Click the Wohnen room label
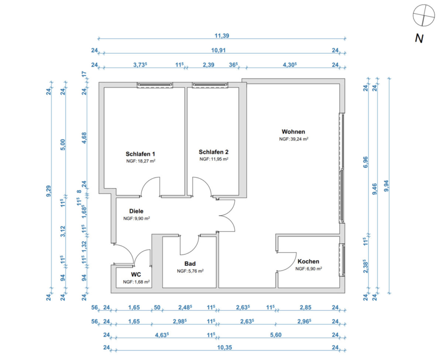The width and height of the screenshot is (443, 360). (293, 131)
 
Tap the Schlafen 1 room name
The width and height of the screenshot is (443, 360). (140, 154)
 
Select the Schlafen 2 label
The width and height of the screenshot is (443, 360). (214, 152)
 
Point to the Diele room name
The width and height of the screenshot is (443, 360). (136, 211)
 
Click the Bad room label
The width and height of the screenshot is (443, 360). (190, 263)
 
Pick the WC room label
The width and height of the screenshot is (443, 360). (136, 275)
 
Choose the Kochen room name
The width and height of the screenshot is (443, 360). (308, 262)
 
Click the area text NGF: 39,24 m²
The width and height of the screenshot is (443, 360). (293, 139)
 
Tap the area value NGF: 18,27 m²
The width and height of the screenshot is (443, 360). (141, 161)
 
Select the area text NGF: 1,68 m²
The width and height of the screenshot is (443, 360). (136, 282)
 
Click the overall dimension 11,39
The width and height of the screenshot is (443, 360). (222, 35)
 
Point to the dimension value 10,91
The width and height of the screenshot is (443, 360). (219, 50)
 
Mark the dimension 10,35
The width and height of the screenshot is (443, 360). (224, 347)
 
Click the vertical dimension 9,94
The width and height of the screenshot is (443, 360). (386, 186)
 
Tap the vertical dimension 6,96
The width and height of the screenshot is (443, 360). (366, 162)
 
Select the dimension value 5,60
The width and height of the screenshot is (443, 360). (276, 335)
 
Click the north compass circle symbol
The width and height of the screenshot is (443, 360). (423, 15)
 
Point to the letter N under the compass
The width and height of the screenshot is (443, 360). (419, 38)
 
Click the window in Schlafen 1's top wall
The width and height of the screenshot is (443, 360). (155, 85)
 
